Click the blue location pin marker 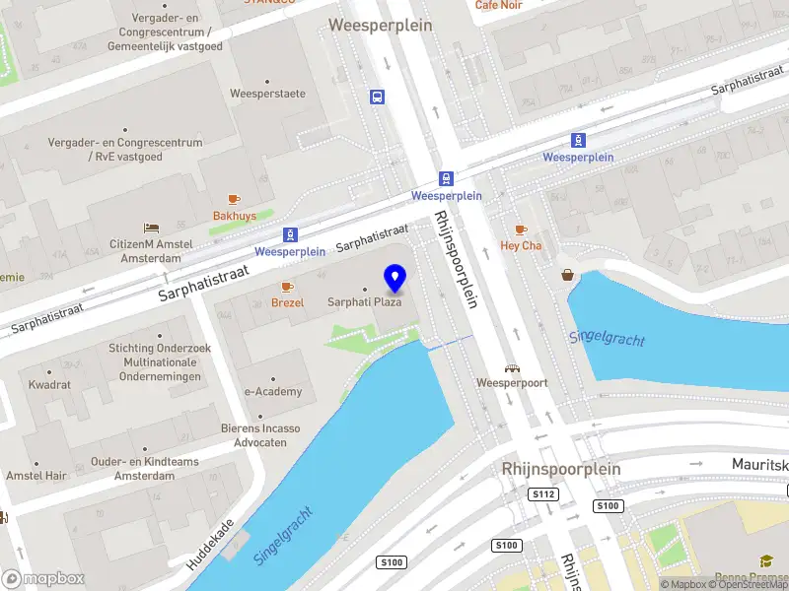coord(395,278)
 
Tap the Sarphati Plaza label coord(365,302)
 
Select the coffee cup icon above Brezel coord(287,287)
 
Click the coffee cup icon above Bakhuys coord(234,199)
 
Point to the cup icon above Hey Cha coord(522,230)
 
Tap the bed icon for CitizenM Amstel coord(151,229)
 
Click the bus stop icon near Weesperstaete coord(377,97)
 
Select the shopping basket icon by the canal coord(569,275)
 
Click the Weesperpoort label coord(511,381)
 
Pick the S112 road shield coord(542,494)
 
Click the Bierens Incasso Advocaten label coord(260,435)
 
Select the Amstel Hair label coord(36,476)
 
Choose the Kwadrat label coord(49,385)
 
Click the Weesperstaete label coord(267,94)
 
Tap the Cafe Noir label coord(499,5)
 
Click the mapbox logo coord(42,579)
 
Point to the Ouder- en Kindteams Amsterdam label coord(145,469)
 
